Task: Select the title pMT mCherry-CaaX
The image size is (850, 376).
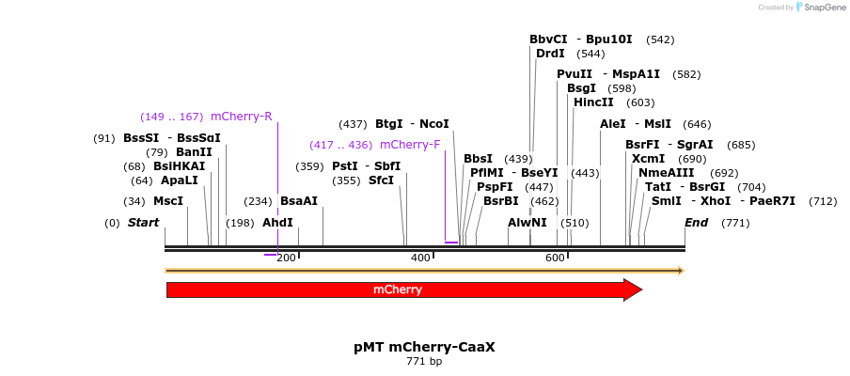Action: [x=424, y=347]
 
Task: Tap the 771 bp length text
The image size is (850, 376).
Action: [x=424, y=361]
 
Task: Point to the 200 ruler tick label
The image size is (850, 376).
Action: [x=287, y=258]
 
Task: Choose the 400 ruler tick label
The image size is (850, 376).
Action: [x=420, y=258]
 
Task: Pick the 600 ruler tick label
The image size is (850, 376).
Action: [x=555, y=258]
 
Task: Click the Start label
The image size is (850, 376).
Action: [x=143, y=223]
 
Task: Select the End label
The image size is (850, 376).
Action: [x=697, y=223]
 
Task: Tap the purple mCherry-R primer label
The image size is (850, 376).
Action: [x=242, y=117]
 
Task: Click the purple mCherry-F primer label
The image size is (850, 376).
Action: [x=410, y=145]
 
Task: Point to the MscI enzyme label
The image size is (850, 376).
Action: [x=168, y=201]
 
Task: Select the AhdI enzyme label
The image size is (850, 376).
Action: [x=277, y=223]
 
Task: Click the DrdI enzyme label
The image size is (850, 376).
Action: [x=550, y=54]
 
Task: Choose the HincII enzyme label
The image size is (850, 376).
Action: [x=593, y=102]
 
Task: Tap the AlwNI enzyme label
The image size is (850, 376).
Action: [x=527, y=223]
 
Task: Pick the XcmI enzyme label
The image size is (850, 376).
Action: [x=648, y=159]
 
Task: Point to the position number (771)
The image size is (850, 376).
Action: [x=735, y=223]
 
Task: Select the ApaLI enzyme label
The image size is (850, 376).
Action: [x=180, y=180]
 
